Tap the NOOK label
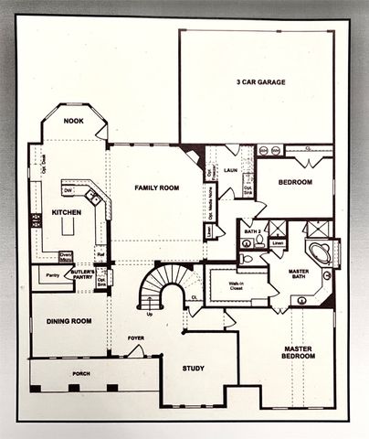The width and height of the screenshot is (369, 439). click(x=74, y=121)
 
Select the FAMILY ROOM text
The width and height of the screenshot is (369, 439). click(x=156, y=188)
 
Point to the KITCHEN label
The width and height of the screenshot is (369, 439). click(x=67, y=213)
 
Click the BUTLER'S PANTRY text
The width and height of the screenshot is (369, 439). click(x=83, y=274)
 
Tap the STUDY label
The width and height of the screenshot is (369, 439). click(x=193, y=369)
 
